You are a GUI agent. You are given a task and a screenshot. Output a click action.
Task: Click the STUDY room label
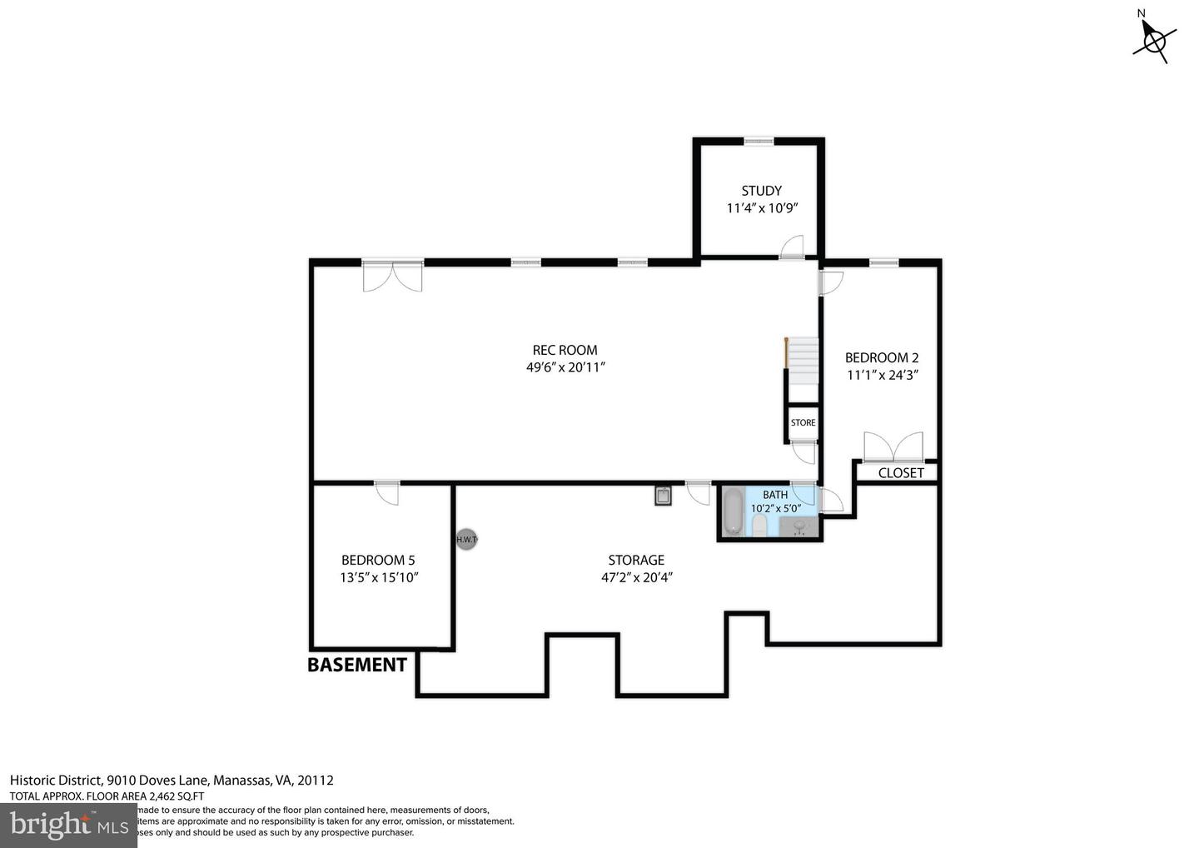[x=761, y=191]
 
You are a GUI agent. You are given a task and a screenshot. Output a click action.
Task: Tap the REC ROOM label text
[x=565, y=350]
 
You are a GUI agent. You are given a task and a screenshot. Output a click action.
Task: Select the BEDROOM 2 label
[x=882, y=358]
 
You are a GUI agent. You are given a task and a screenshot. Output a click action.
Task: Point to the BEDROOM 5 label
[x=378, y=560]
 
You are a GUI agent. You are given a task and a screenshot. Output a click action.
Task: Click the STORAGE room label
[x=636, y=560]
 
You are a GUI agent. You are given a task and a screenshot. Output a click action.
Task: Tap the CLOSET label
[x=901, y=473]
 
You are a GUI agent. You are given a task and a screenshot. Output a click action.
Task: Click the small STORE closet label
[x=803, y=422]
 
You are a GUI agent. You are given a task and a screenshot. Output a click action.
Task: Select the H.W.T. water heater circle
[x=467, y=540]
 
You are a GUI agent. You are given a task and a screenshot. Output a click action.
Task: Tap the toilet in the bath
[x=759, y=524]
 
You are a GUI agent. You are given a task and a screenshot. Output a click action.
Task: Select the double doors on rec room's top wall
[x=393, y=277]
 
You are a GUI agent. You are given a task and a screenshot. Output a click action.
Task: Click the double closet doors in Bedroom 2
[x=893, y=447]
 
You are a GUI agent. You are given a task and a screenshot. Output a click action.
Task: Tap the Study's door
[x=791, y=247]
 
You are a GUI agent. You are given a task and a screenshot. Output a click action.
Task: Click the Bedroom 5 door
[x=387, y=492]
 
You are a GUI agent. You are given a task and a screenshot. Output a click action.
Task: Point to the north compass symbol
[x=1153, y=37]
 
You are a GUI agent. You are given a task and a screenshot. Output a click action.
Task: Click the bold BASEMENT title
[x=357, y=665]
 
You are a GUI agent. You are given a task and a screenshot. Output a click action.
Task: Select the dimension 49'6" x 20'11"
[x=565, y=367]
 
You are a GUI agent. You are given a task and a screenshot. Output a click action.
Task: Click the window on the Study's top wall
[x=759, y=142]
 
